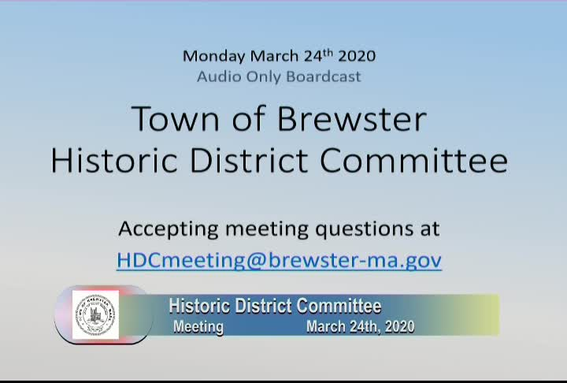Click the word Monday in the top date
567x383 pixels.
pos(214,56)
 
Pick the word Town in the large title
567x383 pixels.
pos(169,119)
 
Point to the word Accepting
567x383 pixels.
pos(168,229)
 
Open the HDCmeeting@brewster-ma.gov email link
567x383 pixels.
pos(279,261)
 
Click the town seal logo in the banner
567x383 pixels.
pos(95,315)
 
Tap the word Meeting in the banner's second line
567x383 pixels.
pos(198,326)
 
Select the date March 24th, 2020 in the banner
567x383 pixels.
pos(360,326)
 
